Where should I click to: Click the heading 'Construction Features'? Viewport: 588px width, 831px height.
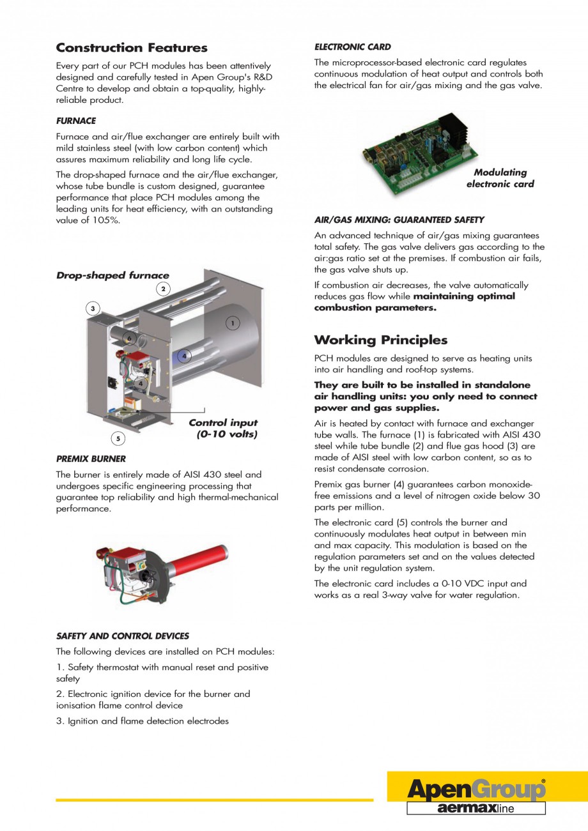pyautogui.click(x=132, y=48)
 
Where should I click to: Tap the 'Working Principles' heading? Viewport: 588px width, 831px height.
pyautogui.click(x=380, y=340)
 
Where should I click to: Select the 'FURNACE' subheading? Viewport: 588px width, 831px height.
pyautogui.click(x=76, y=121)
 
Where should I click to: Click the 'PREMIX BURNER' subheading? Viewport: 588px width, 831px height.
pyautogui.click(x=91, y=459)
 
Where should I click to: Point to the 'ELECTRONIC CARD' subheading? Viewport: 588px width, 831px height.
pyautogui.click(x=352, y=47)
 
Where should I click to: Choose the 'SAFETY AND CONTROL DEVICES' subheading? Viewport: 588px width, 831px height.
pyautogui.click(x=123, y=636)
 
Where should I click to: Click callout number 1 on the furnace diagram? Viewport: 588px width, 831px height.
pyautogui.click(x=233, y=324)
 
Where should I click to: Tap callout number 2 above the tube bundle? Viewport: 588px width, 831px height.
pyautogui.click(x=163, y=289)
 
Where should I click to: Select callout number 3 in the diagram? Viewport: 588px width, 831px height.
pyautogui.click(x=93, y=309)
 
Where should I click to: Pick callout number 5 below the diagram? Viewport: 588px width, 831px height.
pyautogui.click(x=118, y=438)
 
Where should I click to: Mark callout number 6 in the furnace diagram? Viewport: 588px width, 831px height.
pyautogui.click(x=128, y=339)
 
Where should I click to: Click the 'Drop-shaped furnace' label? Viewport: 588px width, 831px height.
pyautogui.click(x=112, y=275)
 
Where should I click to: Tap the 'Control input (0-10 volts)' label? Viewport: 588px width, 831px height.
pyautogui.click(x=224, y=429)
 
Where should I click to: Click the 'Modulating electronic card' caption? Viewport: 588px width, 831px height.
pyautogui.click(x=500, y=178)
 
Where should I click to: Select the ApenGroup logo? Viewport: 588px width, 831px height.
pyautogui.click(x=476, y=789)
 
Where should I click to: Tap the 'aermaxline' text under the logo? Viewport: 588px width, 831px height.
pyautogui.click(x=476, y=809)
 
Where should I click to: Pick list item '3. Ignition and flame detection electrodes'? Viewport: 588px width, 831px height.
pyautogui.click(x=143, y=721)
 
